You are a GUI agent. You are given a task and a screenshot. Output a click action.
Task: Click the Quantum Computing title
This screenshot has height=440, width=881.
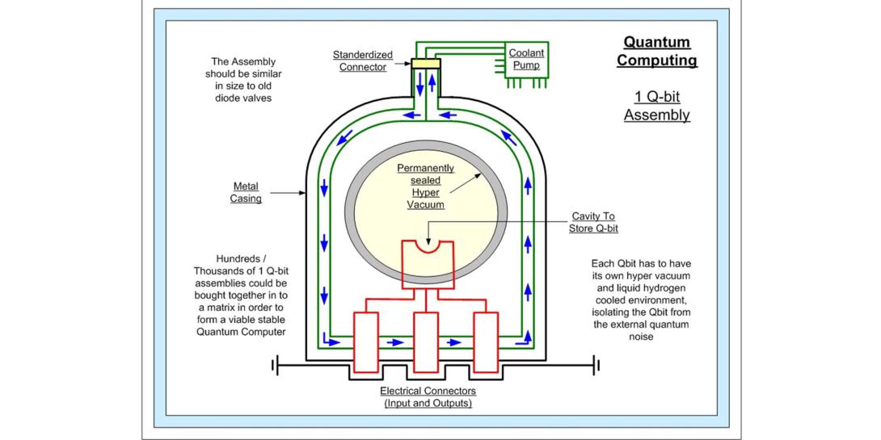point(656,51)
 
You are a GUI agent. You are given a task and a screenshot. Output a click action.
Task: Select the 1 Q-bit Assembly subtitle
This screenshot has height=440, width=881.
point(656,106)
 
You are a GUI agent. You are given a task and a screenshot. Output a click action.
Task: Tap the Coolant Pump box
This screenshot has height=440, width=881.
point(526,59)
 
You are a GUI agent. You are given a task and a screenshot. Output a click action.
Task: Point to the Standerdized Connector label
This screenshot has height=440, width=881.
point(363,61)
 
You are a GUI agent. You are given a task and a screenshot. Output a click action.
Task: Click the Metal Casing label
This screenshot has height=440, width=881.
point(246,192)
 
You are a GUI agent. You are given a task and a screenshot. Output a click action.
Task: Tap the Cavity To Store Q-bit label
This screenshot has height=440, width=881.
point(592,222)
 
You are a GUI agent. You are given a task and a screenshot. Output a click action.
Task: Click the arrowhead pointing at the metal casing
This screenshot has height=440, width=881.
point(301,193)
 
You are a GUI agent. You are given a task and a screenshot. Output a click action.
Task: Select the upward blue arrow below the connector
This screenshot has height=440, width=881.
point(432,82)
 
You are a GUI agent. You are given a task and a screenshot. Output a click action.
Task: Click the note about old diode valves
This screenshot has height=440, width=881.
point(243,80)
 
